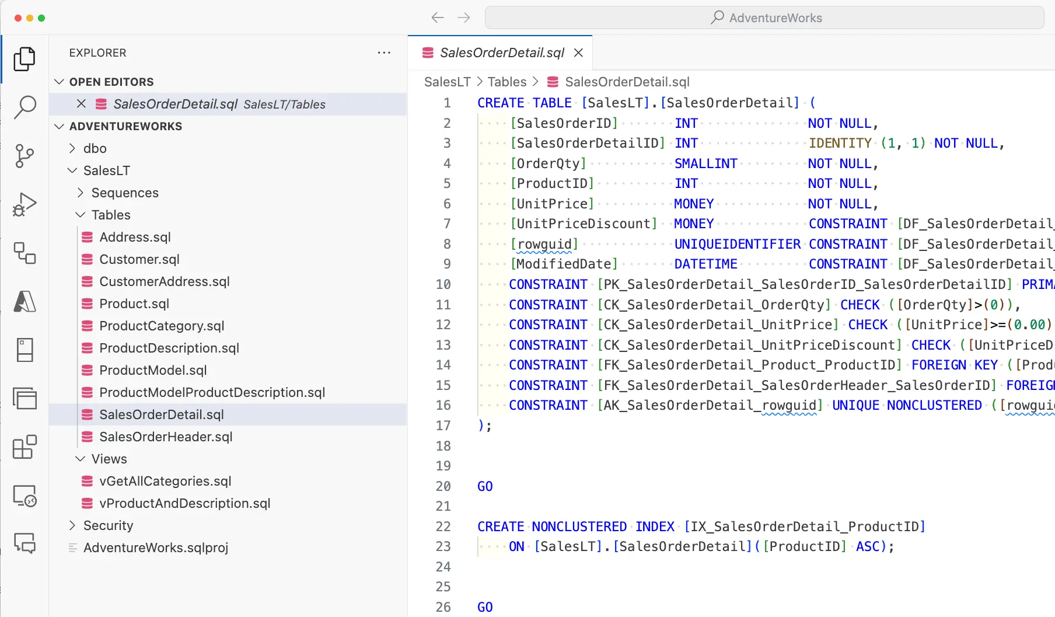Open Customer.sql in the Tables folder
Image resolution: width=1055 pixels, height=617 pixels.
139,259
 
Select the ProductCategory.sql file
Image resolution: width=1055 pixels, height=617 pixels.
162,326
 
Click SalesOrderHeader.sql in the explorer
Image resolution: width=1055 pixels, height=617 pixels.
166,437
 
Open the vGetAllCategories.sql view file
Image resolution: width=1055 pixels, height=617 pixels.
165,481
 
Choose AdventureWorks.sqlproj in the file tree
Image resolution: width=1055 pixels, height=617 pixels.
155,548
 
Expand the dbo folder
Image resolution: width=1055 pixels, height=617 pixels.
95,148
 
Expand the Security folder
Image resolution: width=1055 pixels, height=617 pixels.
108,525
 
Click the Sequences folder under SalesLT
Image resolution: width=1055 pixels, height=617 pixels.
125,193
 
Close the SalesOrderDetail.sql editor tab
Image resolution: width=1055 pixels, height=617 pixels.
578,53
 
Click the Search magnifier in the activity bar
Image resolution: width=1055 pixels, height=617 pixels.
25,107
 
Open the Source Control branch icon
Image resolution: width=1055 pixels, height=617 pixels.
25,156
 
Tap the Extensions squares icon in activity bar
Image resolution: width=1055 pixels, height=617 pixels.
25,447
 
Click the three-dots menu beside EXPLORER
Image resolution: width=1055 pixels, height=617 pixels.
384,53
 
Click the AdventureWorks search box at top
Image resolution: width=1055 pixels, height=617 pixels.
764,18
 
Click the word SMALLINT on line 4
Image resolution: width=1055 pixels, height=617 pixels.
706,163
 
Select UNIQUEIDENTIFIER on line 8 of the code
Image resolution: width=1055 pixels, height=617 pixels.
738,244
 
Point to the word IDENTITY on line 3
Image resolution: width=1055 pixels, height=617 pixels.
840,143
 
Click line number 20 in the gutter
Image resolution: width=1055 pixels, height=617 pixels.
443,486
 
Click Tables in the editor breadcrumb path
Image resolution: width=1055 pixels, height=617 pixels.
507,82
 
